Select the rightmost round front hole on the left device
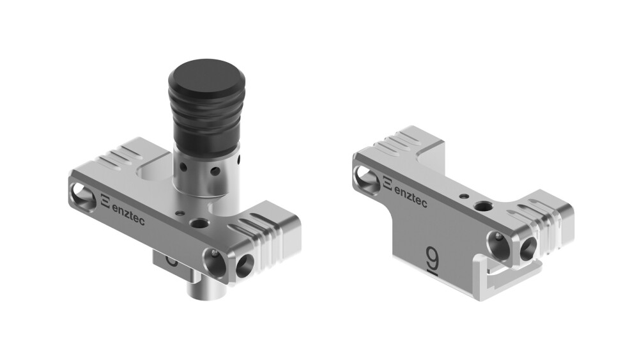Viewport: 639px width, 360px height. pos(243,265)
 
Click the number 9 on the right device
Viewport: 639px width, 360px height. pos(433,257)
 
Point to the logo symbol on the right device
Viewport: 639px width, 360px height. pos(389,184)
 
